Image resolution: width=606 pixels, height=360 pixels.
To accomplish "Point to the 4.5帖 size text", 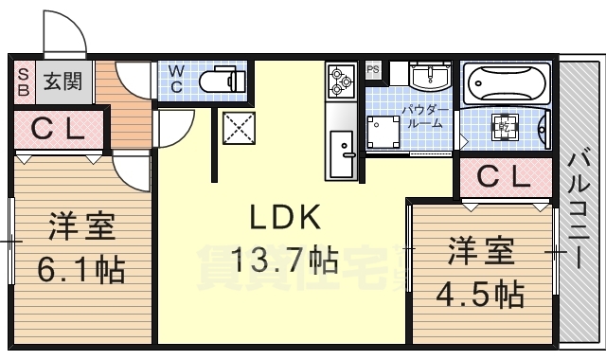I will pyautogui.click(x=482, y=293).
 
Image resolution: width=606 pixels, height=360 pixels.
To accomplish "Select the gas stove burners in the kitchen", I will pyautogui.click(x=340, y=80).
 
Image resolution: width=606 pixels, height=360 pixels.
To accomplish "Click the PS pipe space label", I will pyautogui.click(x=373, y=69).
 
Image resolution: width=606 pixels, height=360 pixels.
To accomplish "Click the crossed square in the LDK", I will pyautogui.click(x=236, y=127).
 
